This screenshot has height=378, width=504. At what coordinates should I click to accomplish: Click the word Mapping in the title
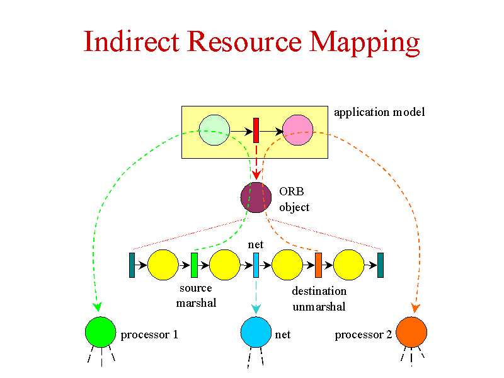tap(364, 43)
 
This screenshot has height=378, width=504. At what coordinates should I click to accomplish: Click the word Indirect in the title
tap(131, 41)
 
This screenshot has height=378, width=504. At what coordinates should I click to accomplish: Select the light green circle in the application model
tap(214, 130)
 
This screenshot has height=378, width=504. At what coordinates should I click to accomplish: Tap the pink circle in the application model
tap(298, 130)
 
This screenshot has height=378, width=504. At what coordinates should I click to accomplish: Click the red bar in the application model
tap(256, 130)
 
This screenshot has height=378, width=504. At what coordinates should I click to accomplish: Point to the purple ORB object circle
tap(256, 197)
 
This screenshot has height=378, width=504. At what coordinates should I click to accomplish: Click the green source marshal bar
tap(194, 265)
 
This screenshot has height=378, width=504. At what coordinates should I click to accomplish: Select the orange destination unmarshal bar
tap(318, 265)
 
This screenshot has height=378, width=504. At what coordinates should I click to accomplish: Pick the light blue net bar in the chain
tap(256, 265)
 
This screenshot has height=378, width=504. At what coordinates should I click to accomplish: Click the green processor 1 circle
tap(101, 332)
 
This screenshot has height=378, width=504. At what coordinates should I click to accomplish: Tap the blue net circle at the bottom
tap(256, 332)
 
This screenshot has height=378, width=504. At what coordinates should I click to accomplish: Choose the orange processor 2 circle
tap(411, 332)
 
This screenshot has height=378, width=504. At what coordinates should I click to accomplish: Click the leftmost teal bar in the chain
tap(132, 265)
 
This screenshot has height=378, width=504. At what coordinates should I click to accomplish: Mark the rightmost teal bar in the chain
tap(381, 265)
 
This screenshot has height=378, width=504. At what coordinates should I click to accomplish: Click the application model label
tap(379, 112)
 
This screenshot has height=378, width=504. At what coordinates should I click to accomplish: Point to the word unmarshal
tap(319, 307)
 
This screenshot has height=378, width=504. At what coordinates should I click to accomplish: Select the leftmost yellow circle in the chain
tap(163, 265)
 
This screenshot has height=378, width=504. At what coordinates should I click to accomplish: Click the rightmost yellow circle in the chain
tap(349, 265)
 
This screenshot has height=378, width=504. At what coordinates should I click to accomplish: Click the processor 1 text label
tap(149, 335)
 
